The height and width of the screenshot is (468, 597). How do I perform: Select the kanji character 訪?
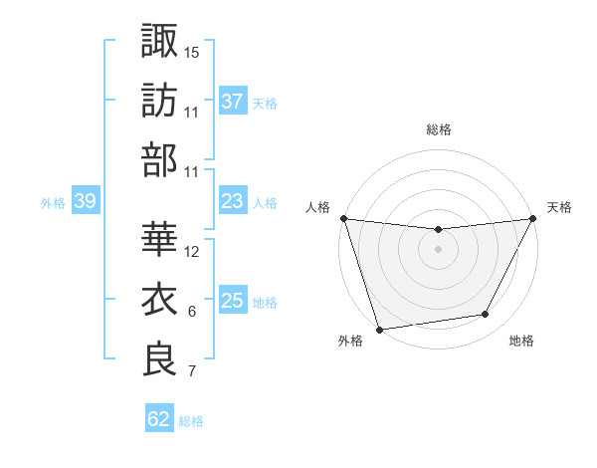pyautogui.click(x=159, y=100)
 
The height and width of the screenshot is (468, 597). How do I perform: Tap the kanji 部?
pyautogui.click(x=159, y=159)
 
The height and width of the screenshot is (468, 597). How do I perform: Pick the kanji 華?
pyautogui.click(x=159, y=239)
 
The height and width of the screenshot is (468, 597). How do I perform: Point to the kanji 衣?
pyautogui.click(x=159, y=300)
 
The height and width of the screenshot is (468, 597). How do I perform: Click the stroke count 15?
pyautogui.click(x=192, y=52)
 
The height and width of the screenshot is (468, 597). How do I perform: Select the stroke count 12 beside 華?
pyautogui.click(x=192, y=251)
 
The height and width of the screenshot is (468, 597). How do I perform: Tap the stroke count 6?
pyautogui.click(x=191, y=312)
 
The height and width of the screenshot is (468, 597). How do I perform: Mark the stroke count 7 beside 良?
pyautogui.click(x=191, y=371)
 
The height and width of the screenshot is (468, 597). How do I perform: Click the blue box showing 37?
pyautogui.click(x=233, y=102)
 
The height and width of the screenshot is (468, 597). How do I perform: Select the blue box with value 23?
pyautogui.click(x=233, y=201)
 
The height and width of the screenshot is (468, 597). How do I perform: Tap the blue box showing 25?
pyautogui.click(x=233, y=301)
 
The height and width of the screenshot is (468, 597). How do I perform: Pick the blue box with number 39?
pyautogui.click(x=85, y=201)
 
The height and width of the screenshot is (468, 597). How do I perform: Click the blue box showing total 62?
pyautogui.click(x=159, y=419)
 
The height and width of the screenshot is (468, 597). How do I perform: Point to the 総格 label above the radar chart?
pyautogui.click(x=438, y=129)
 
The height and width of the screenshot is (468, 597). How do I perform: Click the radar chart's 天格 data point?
pyautogui.click(x=533, y=218)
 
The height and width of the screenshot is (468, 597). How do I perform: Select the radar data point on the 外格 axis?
pyautogui.click(x=379, y=330)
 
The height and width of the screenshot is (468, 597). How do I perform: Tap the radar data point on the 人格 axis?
pyautogui.click(x=343, y=218)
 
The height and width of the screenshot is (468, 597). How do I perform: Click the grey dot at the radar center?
pyautogui.click(x=438, y=249)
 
